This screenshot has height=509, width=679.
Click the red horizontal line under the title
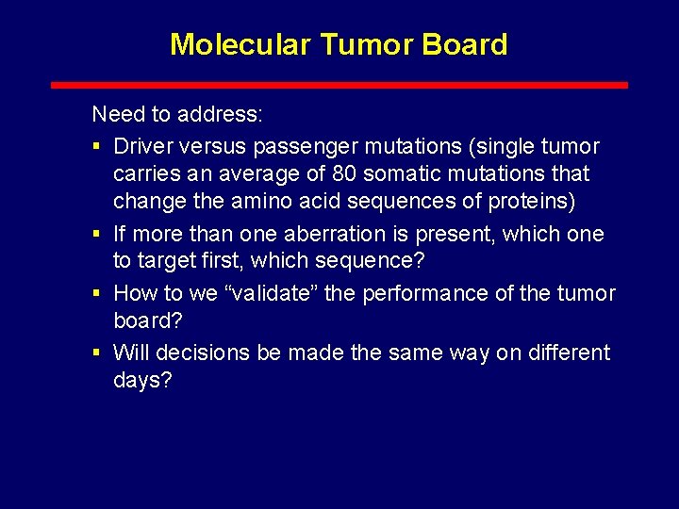[339, 85]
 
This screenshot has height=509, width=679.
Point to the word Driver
[141, 146]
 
